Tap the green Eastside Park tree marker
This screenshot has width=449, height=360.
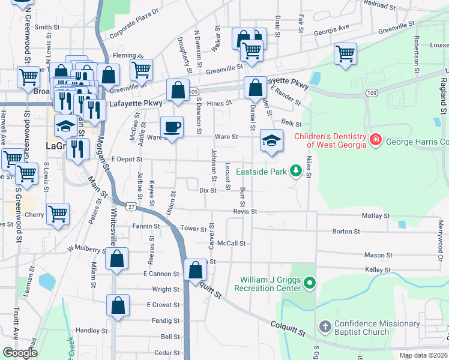pyautogui.click(x=295, y=172)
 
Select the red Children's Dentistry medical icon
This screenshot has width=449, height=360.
pyautogui.click(x=376, y=139)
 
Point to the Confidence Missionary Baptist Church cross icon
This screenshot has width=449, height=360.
pyautogui.click(x=325, y=327)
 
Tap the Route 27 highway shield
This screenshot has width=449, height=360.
pyautogui.click(x=130, y=205)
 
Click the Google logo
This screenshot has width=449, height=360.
pyautogui.click(x=20, y=353)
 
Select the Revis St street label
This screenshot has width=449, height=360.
pyautogui.click(x=245, y=212)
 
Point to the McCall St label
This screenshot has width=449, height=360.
pyautogui.click(x=232, y=244)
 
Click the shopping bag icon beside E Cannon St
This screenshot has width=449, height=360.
pyautogui.click(x=196, y=270)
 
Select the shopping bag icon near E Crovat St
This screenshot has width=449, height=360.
pyautogui.click(x=118, y=305)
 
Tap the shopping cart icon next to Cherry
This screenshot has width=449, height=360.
pyautogui.click(x=58, y=214)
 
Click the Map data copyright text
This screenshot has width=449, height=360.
pyautogui.click(x=423, y=355)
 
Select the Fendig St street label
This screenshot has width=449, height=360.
pyautogui.click(x=166, y=321)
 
